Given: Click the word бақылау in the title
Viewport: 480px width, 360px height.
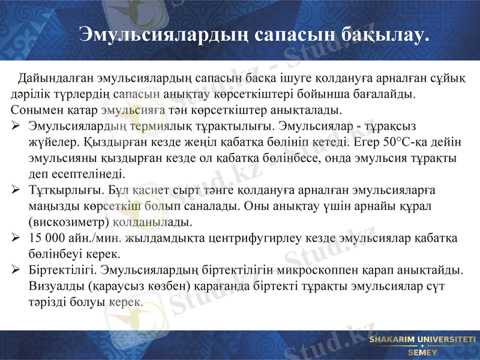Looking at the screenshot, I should point(385,34).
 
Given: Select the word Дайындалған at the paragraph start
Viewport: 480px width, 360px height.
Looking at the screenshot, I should point(53,79).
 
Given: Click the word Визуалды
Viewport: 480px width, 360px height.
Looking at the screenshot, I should point(53,287).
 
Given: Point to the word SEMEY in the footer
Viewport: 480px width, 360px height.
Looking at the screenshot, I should point(422,352).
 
